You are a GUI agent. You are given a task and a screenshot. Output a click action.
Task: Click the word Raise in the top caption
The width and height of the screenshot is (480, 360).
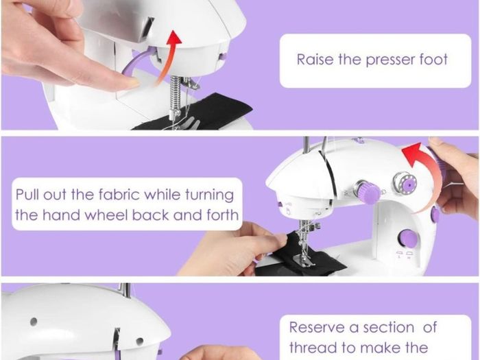pos(315,60)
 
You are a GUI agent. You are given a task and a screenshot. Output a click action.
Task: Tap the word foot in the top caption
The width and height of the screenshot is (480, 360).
pos(433,59)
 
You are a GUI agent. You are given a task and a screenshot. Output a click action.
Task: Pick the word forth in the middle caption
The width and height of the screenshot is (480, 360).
pos(223,215)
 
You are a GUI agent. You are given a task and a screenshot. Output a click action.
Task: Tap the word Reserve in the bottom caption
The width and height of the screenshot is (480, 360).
pos(317,327)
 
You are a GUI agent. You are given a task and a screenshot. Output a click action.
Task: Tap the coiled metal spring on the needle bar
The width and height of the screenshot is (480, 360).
pos(176,94)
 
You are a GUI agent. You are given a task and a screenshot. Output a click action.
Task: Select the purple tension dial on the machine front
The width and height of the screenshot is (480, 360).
pos(368,191)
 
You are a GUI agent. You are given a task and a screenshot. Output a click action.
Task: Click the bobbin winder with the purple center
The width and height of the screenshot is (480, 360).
pos(405,184)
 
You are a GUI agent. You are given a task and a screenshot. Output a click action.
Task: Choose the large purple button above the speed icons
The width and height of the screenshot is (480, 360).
pos(408,238)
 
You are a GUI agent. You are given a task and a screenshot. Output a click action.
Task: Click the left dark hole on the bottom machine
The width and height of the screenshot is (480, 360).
pos(34,322)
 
